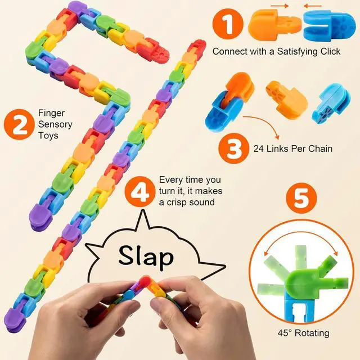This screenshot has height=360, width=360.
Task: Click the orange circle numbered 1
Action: point(228,24)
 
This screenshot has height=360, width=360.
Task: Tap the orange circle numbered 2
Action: point(19,124)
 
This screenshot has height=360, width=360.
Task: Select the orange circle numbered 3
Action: point(234,148)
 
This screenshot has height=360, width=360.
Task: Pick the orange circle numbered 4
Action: point(140,191)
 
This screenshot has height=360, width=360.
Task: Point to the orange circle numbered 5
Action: point(301,198)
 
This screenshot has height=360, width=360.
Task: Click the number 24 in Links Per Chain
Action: point(259,148)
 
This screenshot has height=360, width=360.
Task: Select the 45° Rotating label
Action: point(303,333)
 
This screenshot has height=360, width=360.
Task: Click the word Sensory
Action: point(55,124)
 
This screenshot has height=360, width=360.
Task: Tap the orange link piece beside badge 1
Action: point(274,25)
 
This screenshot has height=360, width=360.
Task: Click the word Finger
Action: point(51,114)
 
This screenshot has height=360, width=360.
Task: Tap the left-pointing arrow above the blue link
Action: point(313,6)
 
